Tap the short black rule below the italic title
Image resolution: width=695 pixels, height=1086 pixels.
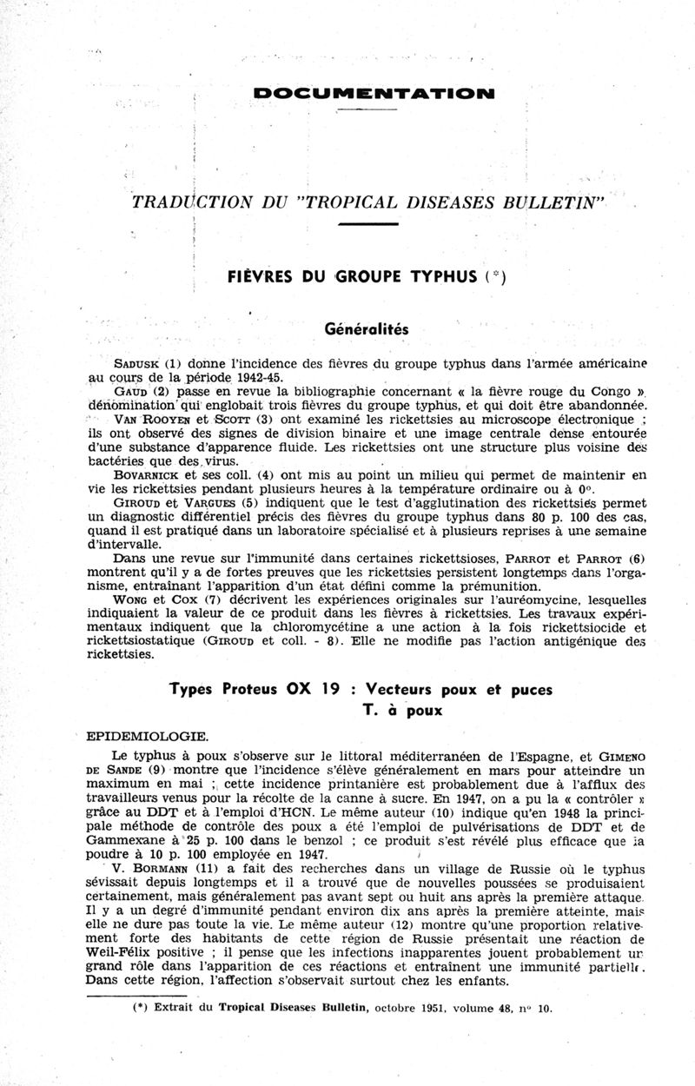(x=366, y=225)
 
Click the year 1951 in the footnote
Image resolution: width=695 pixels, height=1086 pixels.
(x=433, y=1010)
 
